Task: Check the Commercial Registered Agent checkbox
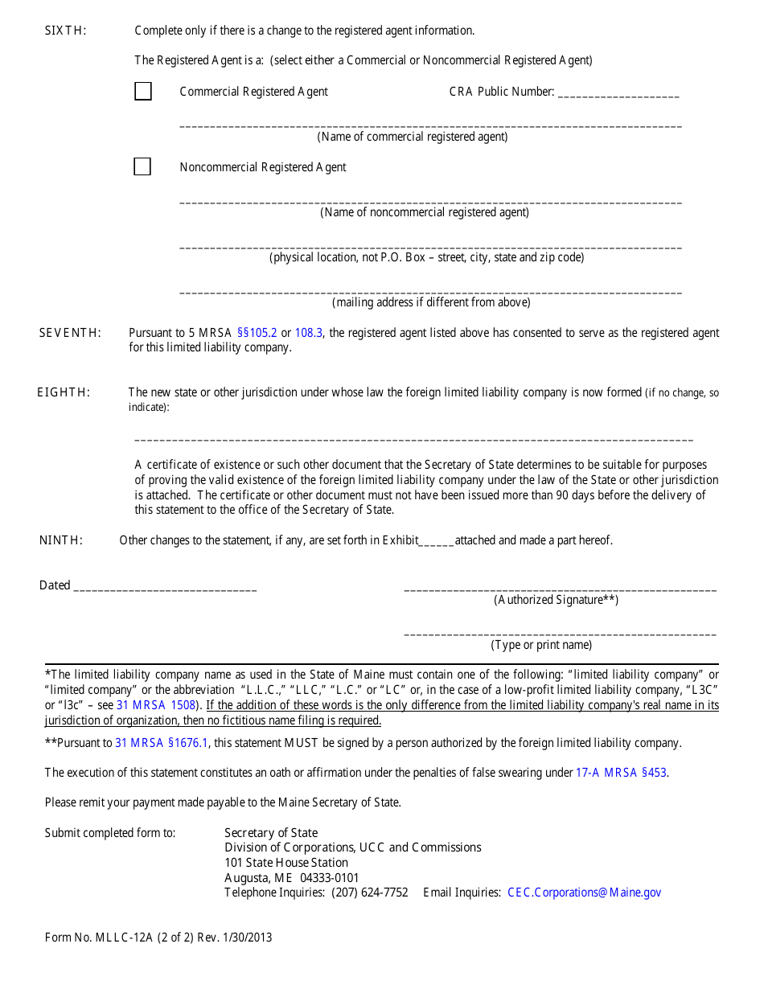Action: click(x=143, y=92)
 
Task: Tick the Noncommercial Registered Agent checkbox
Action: click(x=142, y=167)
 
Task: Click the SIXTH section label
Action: click(x=65, y=31)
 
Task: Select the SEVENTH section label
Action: click(x=71, y=333)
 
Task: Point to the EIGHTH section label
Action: click(x=64, y=392)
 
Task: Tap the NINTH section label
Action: click(x=61, y=540)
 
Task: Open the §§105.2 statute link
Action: click(x=257, y=333)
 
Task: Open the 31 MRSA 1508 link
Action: click(x=156, y=705)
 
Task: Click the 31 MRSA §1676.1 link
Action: click(x=162, y=743)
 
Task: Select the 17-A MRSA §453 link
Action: click(x=621, y=773)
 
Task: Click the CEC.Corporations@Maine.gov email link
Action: click(x=584, y=893)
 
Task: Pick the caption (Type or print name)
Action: click(x=541, y=645)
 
